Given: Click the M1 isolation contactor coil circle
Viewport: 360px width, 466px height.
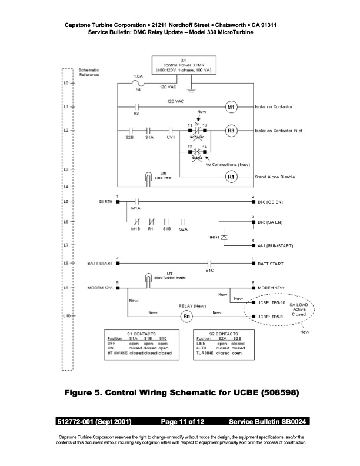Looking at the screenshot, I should (231, 107).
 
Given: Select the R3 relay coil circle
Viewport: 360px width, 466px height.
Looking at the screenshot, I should (231, 131).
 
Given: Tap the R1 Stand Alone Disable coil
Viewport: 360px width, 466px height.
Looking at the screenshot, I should (231, 177).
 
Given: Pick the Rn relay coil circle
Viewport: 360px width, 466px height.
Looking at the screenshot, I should (187, 317).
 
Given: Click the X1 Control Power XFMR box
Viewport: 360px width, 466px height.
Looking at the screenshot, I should (184, 65).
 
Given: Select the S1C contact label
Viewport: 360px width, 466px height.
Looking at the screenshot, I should (209, 271).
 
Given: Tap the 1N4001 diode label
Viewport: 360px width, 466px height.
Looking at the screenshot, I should (213, 237).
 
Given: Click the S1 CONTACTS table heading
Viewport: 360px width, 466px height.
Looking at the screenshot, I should (139, 334).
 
